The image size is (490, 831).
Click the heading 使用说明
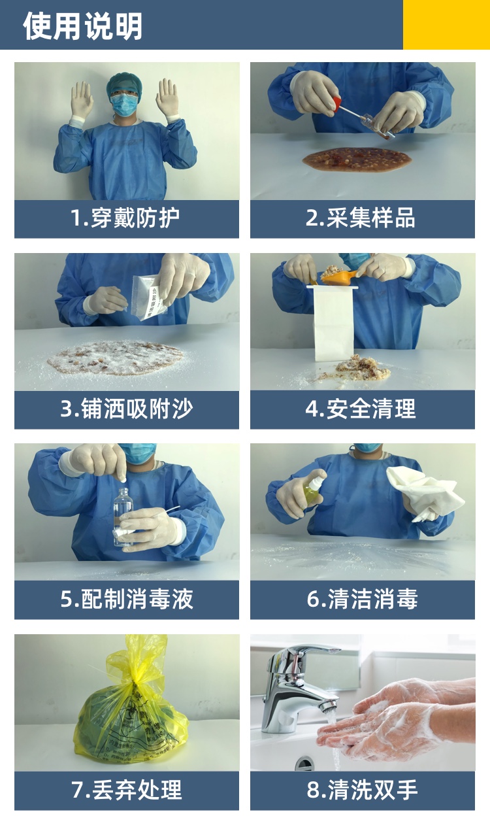[x=82, y=25]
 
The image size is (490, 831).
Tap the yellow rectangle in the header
[x=446, y=24]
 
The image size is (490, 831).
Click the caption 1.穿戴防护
[x=125, y=218]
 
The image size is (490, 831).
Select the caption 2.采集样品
[x=360, y=218]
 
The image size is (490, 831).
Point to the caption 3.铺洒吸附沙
[x=126, y=409]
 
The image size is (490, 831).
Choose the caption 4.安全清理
[x=361, y=409]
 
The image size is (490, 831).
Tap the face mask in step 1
[x=124, y=105]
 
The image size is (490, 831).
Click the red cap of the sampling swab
[x=337, y=103]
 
